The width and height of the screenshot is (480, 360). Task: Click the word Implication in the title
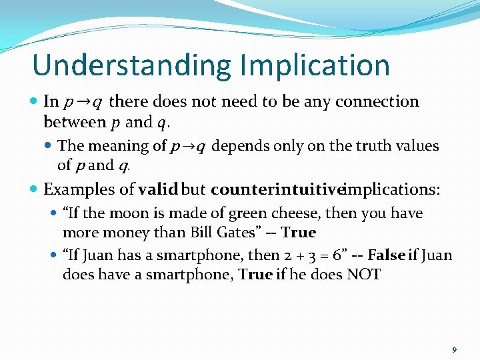point(315,65)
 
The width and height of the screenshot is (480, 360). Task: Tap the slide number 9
point(454,349)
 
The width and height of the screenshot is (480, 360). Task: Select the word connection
point(377,102)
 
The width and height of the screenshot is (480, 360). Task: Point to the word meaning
point(126,146)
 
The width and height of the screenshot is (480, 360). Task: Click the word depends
point(241,146)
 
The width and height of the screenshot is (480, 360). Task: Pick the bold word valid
point(158,190)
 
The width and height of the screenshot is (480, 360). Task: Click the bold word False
point(387,255)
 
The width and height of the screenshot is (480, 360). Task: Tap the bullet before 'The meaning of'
point(51,146)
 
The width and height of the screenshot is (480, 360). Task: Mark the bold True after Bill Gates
point(298,233)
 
